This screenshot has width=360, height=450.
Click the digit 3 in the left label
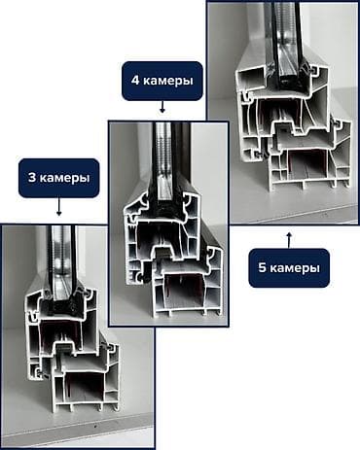[34, 178]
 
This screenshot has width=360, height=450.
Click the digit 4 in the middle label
[134, 80]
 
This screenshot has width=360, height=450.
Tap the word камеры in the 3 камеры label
[65, 178]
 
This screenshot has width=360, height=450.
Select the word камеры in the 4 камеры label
[166, 80]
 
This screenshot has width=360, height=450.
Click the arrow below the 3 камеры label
[58, 207]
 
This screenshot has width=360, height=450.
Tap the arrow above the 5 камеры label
[289, 237]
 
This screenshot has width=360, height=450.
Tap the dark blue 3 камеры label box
[58, 178]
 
